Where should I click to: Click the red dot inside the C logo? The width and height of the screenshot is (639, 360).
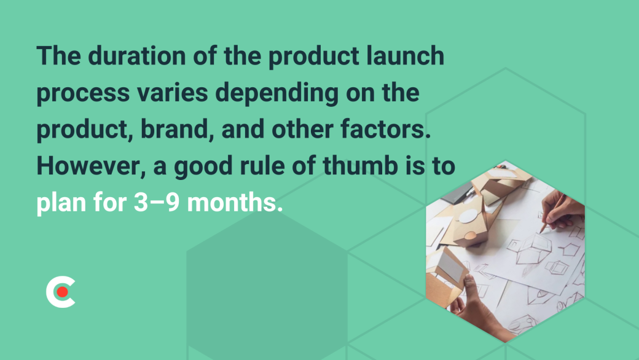[x=62, y=292]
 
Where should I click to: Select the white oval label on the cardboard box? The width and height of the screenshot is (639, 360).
[x=469, y=216]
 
